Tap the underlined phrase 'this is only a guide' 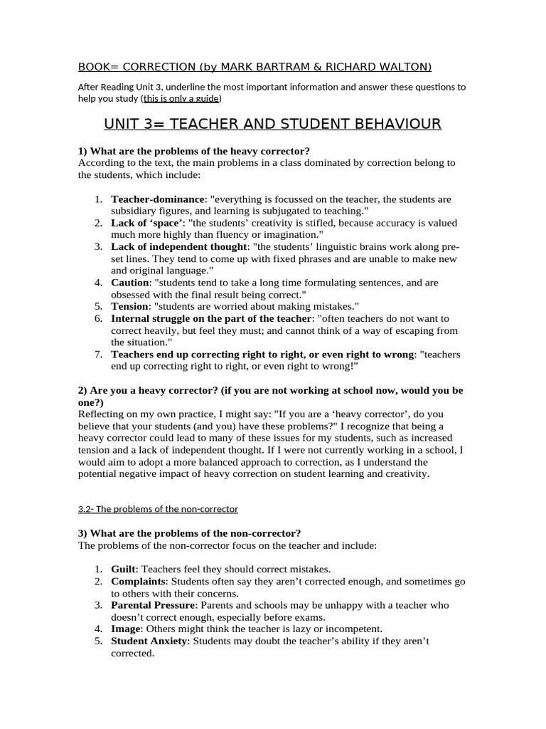[x=181, y=98]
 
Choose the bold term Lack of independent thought [x=176, y=247]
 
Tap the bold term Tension [x=131, y=307]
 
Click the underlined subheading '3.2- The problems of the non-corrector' [x=158, y=509]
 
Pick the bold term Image [x=126, y=629]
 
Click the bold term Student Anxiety [x=149, y=641]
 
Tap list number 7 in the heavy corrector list [x=99, y=355]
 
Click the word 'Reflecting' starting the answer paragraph [x=102, y=414]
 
